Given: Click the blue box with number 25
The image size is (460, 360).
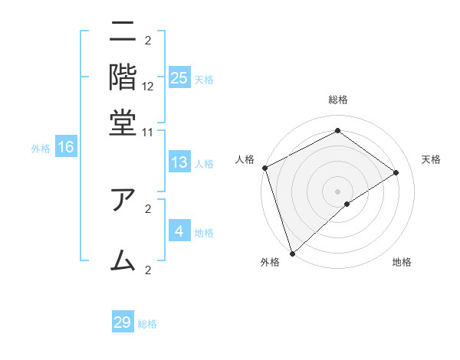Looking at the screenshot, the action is point(179,78).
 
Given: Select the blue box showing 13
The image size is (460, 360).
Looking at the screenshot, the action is point(179,162).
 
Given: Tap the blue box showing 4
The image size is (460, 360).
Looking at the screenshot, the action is point(179,231).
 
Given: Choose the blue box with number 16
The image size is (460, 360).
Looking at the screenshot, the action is point(65,148).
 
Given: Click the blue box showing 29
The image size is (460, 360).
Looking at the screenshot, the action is point(123,322).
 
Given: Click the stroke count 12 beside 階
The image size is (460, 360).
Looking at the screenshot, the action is point(148,87).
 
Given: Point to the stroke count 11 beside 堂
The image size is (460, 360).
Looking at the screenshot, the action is point(148,132).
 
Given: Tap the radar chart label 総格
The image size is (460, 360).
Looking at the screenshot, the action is point(338,100).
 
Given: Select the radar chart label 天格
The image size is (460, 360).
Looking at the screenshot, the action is point(431,159).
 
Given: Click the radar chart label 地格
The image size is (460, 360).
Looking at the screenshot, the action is point(402,263).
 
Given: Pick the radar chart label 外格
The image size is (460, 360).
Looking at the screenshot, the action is point(270,263).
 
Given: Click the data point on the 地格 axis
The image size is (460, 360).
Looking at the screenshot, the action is point(347,204).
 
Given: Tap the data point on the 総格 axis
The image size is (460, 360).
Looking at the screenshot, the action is point(338,131).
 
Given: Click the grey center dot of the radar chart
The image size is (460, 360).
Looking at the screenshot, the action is point(338,191).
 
